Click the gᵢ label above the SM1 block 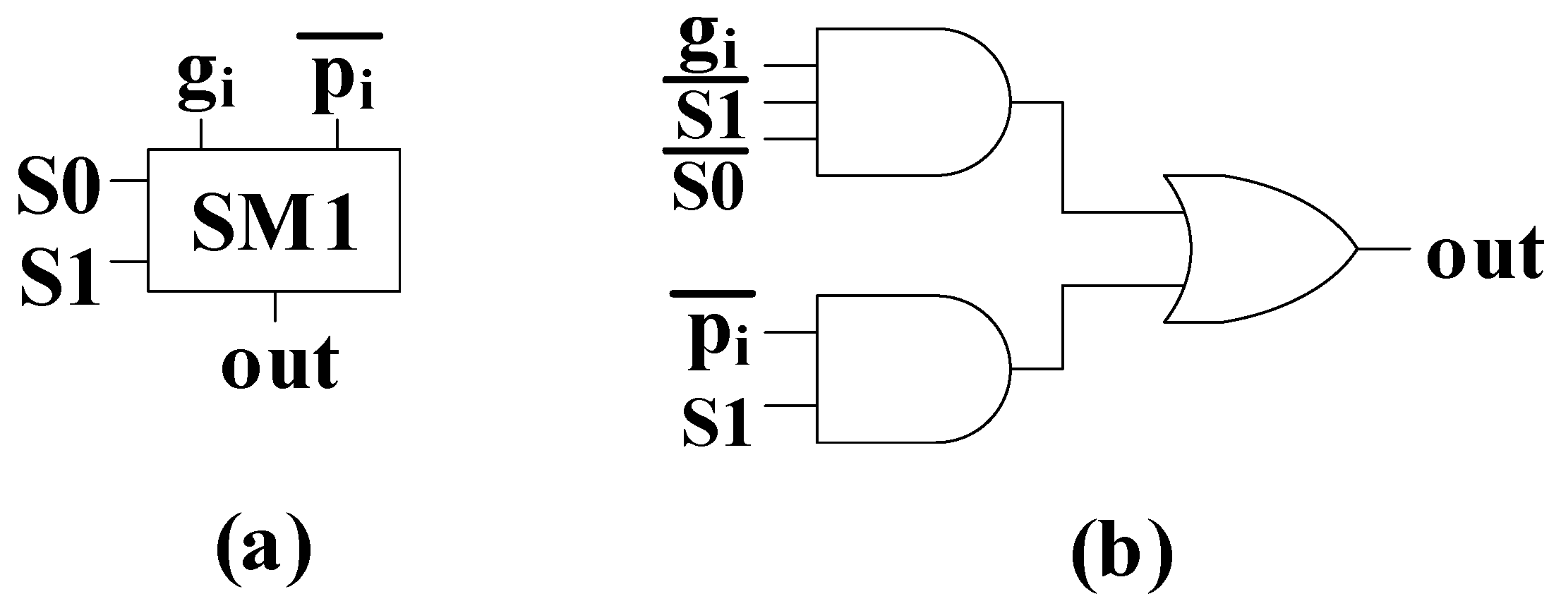205,85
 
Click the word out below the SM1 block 279,363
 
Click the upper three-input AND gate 910,102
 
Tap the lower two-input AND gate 910,368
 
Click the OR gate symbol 1256,249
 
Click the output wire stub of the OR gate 1383,249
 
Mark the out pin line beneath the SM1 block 275,305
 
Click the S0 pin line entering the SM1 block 128,181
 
